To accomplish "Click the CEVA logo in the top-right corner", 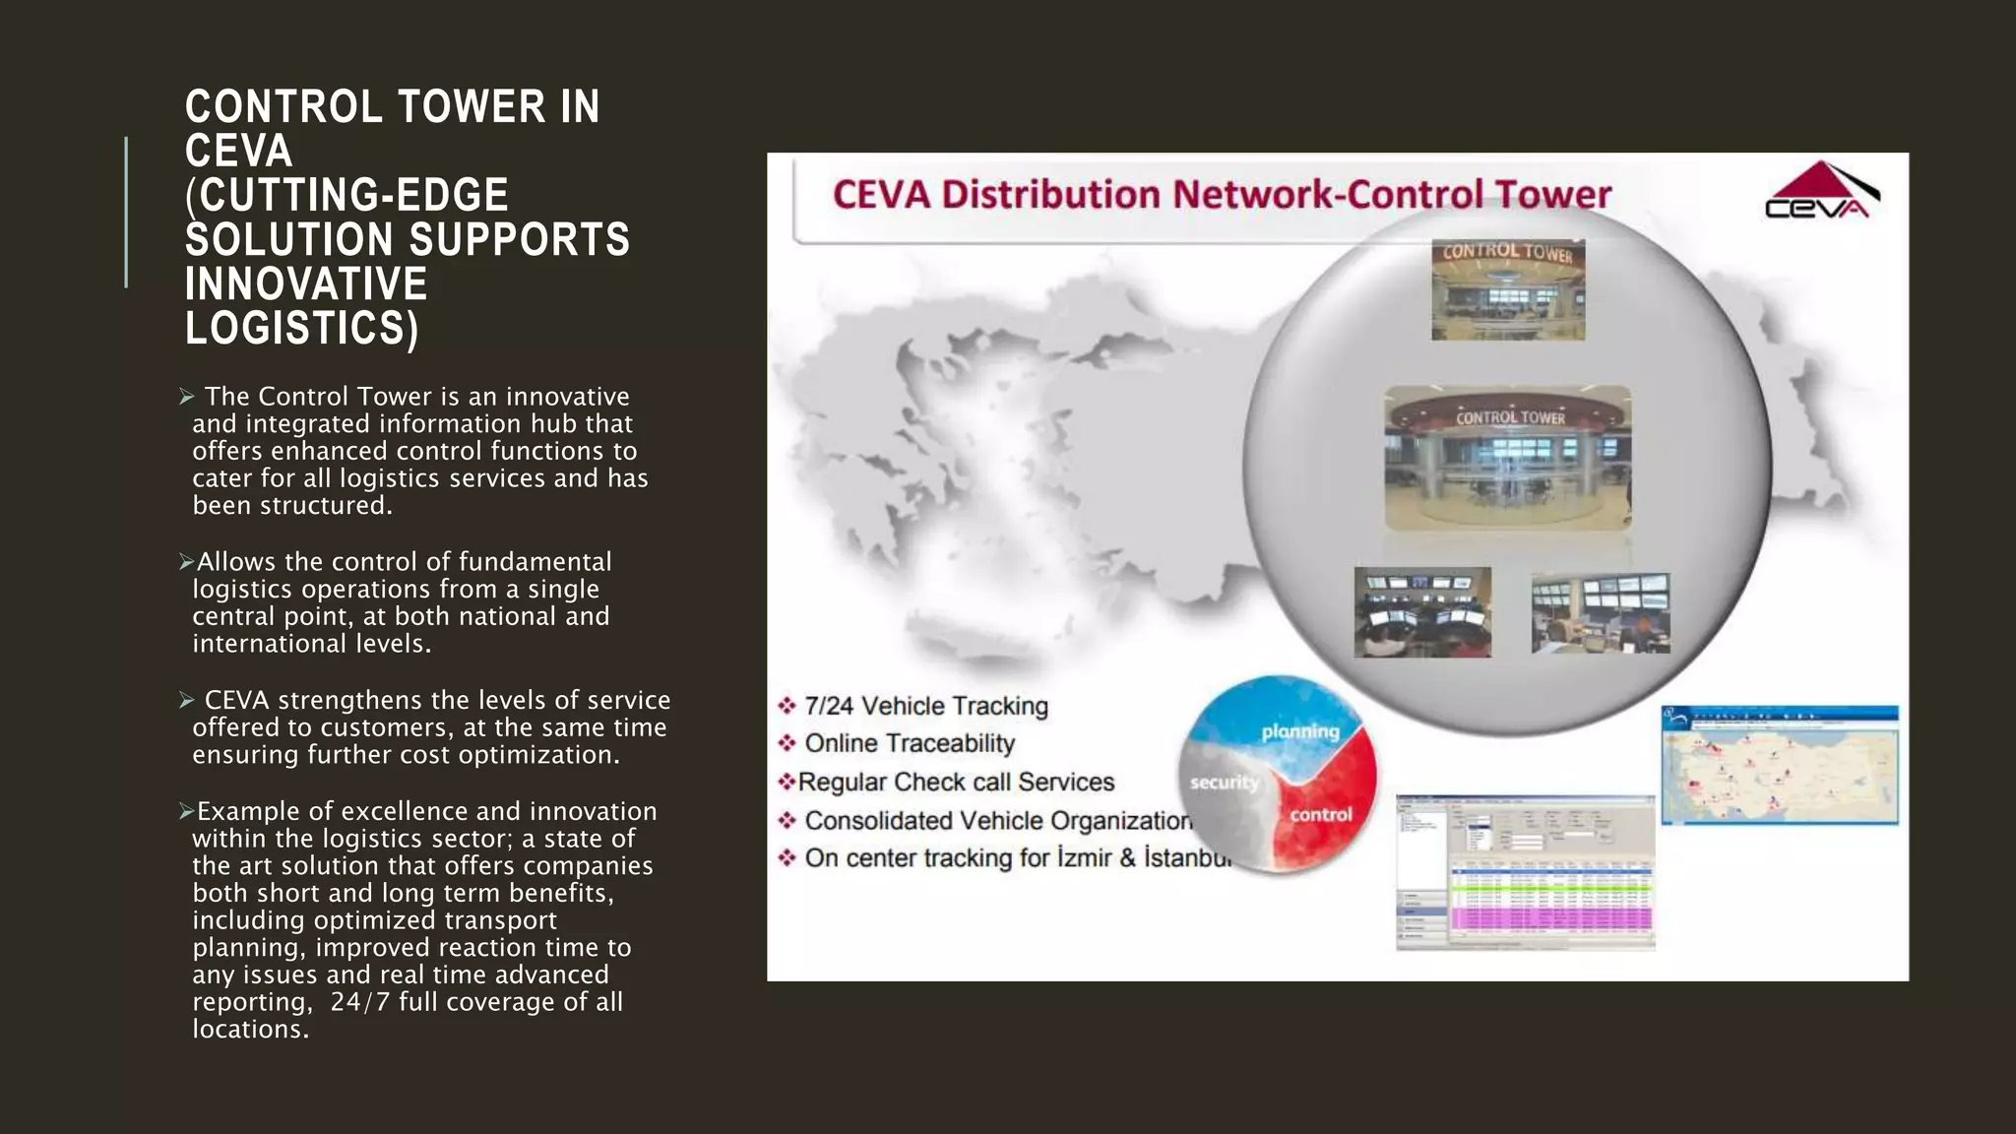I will [1821, 191].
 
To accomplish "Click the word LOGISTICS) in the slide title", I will [302, 328].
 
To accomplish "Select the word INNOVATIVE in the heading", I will [306, 283].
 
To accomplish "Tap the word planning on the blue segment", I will [1300, 731].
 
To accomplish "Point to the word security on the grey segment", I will [1224, 783].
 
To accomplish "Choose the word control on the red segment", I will [1321, 814].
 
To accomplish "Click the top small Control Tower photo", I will [1508, 289].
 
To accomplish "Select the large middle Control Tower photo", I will [1507, 458].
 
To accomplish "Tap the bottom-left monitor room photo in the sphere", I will [1422, 611].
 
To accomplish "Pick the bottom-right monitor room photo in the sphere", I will [1601, 613].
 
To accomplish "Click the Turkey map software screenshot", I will [1780, 765].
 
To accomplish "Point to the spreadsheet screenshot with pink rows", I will [1525, 872].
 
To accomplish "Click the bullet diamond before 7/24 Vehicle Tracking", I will [787, 706].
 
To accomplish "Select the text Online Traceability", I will [910, 743].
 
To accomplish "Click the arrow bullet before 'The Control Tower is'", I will [187, 397].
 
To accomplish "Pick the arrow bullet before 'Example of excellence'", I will [186, 811].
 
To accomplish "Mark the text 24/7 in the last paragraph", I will [359, 1002].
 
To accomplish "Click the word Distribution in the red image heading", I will [1050, 194].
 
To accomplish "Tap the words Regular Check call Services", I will [956, 782].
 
